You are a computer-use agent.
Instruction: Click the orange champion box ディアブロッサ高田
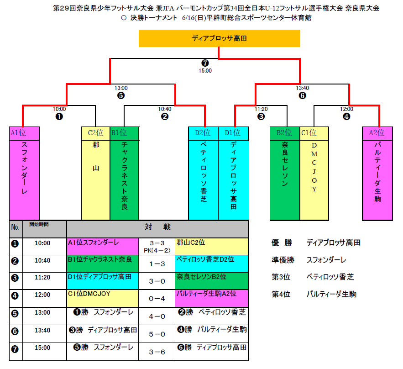pyautogui.click(x=219, y=39)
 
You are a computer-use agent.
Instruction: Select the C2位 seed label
pyautogui.click(x=95, y=133)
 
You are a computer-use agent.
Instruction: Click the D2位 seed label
pyautogui.click(x=203, y=133)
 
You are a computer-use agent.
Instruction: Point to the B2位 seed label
pyautogui.click(x=284, y=133)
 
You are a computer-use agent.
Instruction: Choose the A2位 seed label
pyautogui.click(x=377, y=133)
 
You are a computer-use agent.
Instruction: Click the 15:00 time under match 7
pyautogui.click(x=205, y=71)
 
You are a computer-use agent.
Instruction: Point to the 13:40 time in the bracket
pyautogui.click(x=302, y=88)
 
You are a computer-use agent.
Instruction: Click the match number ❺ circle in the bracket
pyautogui.click(x=121, y=96)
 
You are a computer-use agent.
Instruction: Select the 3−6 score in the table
pyautogui.click(x=157, y=352)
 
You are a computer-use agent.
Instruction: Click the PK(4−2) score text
pyautogui.click(x=157, y=250)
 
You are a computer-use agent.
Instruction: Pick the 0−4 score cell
pyautogui.click(x=157, y=299)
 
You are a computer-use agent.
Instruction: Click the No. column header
pyautogui.click(x=15, y=227)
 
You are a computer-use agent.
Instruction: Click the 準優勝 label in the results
pyautogui.click(x=283, y=260)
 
